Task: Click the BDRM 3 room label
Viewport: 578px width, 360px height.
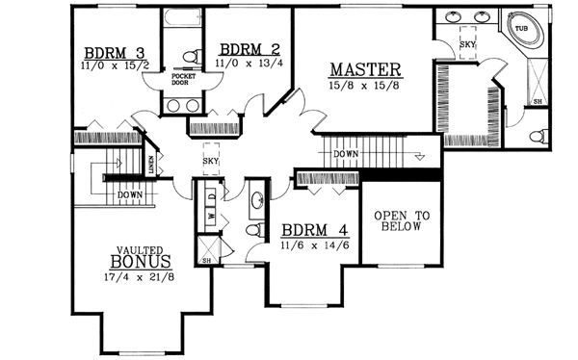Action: tap(114, 52)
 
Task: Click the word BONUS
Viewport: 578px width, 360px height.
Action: tap(141, 261)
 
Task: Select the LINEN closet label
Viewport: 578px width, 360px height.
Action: tap(154, 167)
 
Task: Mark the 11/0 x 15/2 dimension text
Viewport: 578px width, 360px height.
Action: tap(115, 65)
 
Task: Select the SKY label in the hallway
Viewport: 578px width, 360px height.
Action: tap(210, 162)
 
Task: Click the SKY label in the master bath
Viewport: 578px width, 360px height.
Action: tap(467, 44)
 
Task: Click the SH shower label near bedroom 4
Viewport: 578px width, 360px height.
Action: tap(205, 260)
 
